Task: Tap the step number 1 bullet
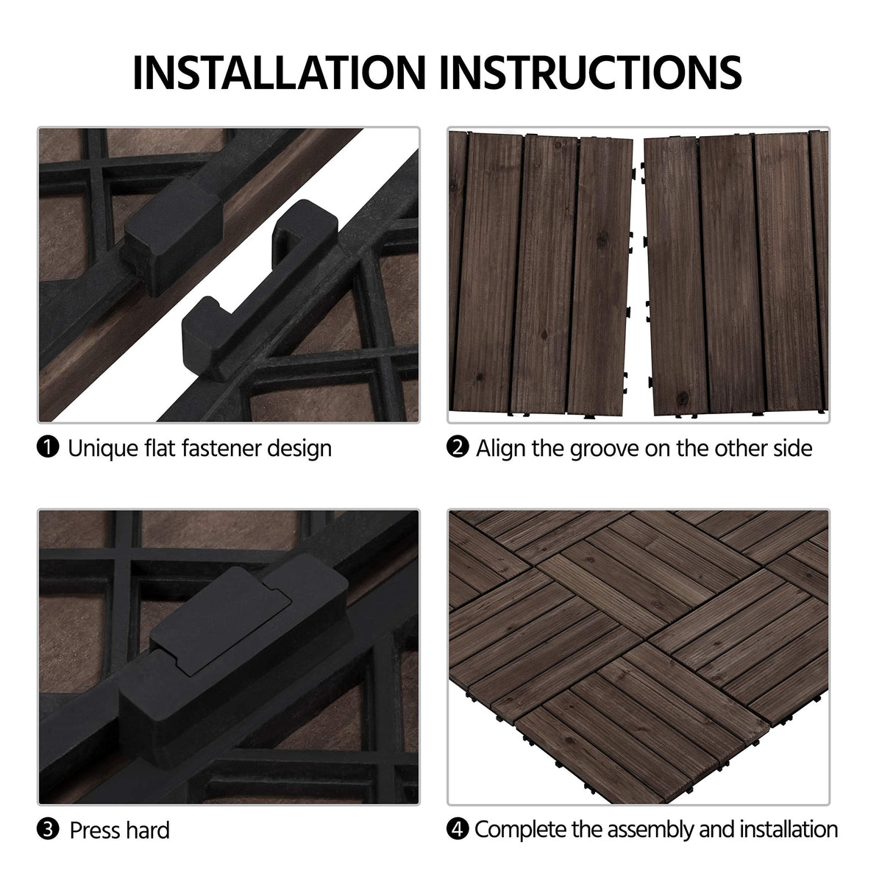[x=47, y=447]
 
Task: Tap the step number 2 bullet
[x=458, y=447]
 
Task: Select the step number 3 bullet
[x=47, y=830]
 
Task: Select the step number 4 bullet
[x=458, y=830]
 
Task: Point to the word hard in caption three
[x=145, y=830]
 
